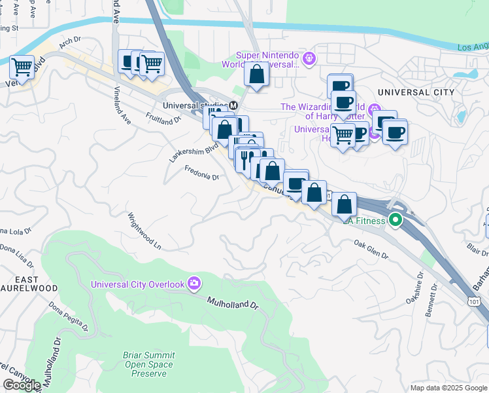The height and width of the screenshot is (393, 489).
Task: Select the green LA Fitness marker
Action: point(396,220)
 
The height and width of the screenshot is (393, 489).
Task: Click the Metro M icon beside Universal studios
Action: point(232,105)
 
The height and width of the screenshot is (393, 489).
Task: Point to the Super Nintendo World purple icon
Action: point(309,59)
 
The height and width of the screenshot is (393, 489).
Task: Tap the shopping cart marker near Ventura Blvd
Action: point(22,67)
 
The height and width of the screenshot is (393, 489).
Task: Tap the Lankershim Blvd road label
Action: point(193,153)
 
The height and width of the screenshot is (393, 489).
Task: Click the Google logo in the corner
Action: point(21,384)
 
